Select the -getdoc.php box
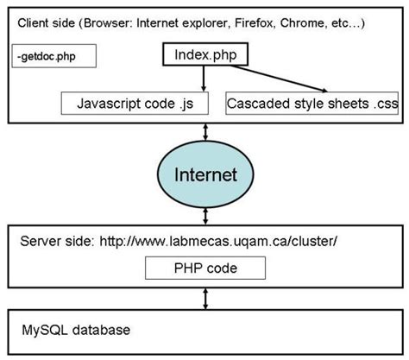[x=54, y=58]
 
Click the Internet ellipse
[x=204, y=175]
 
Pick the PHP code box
[x=204, y=268]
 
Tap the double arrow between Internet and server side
[x=204, y=216]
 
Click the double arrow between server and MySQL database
[x=204, y=299]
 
